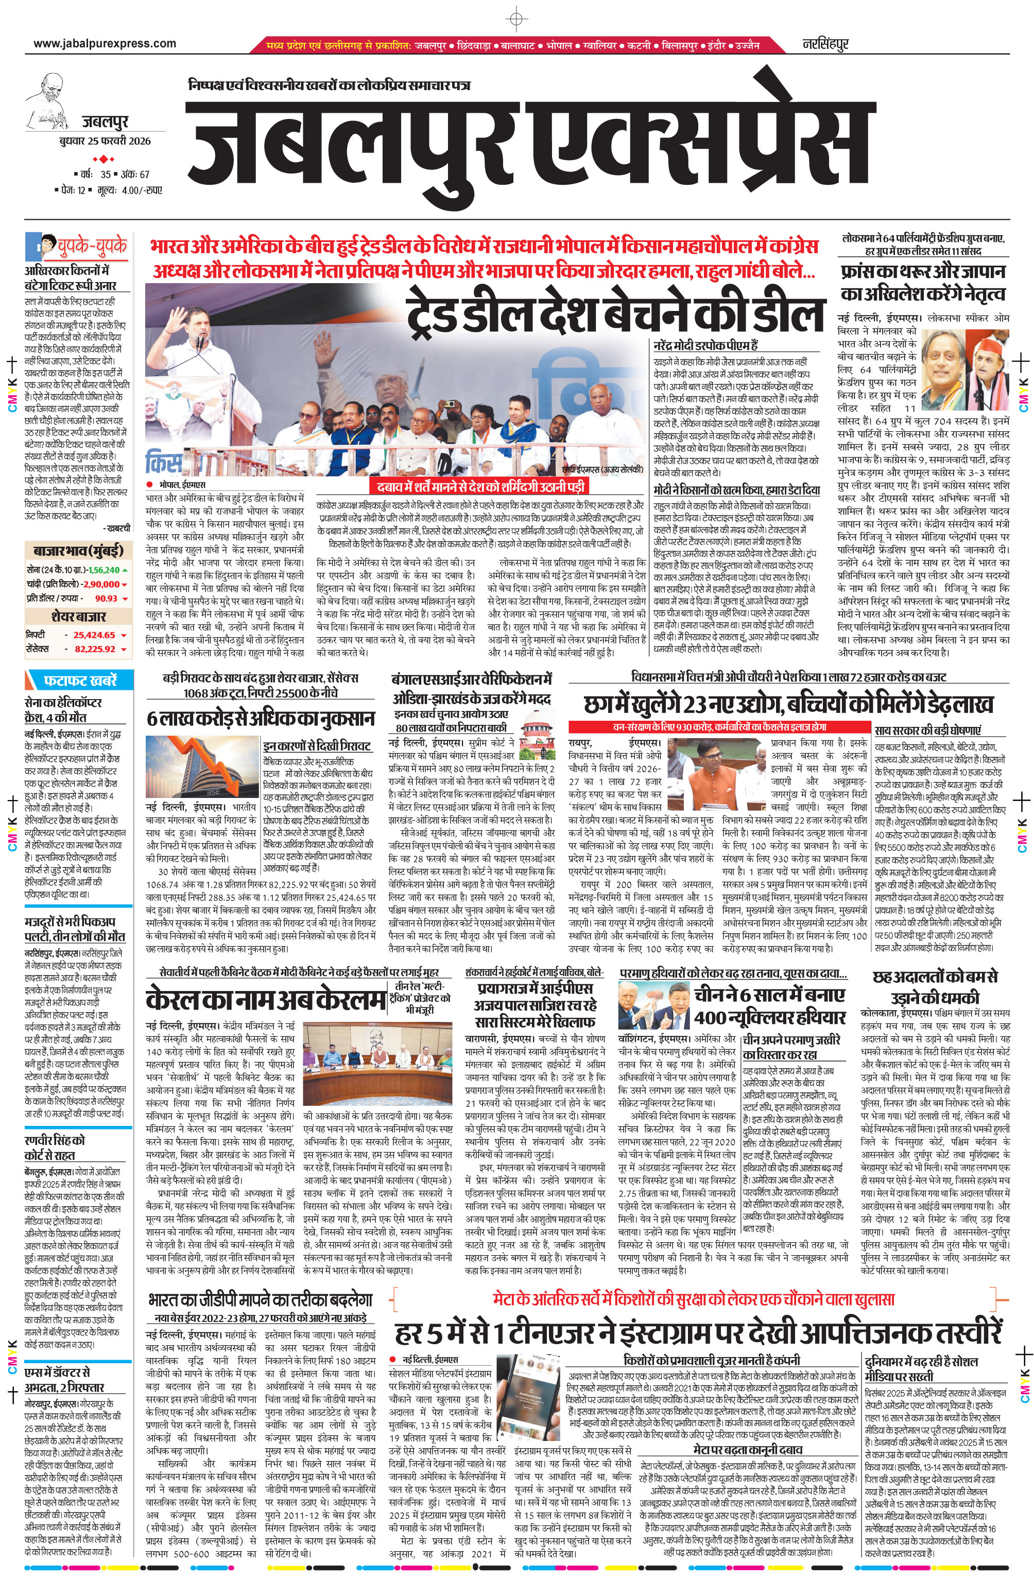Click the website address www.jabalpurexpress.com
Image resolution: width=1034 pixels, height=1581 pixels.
[105, 44]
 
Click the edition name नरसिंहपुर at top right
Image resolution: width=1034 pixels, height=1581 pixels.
[824, 44]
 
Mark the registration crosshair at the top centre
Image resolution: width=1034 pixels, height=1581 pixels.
[516, 18]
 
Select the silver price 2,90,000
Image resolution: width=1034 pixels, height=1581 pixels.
[100, 584]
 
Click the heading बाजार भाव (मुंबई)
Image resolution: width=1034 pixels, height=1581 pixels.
[78, 551]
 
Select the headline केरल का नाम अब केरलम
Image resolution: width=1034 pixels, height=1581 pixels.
[266, 1000]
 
